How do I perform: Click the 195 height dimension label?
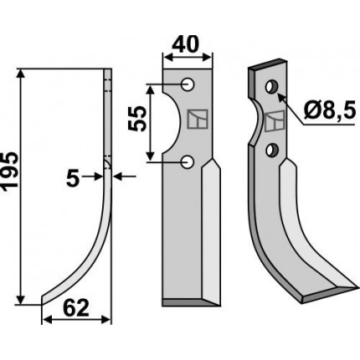tap(10, 172)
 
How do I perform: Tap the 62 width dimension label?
tap(76, 308)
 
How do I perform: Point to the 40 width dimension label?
tap(186, 44)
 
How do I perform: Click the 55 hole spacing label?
tap(137, 119)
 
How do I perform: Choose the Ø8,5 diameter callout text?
tap(330, 111)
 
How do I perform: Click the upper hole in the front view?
tap(188, 84)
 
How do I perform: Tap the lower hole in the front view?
tap(188, 162)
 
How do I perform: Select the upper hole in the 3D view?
tap(270, 87)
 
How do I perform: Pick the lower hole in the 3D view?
tap(270, 150)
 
